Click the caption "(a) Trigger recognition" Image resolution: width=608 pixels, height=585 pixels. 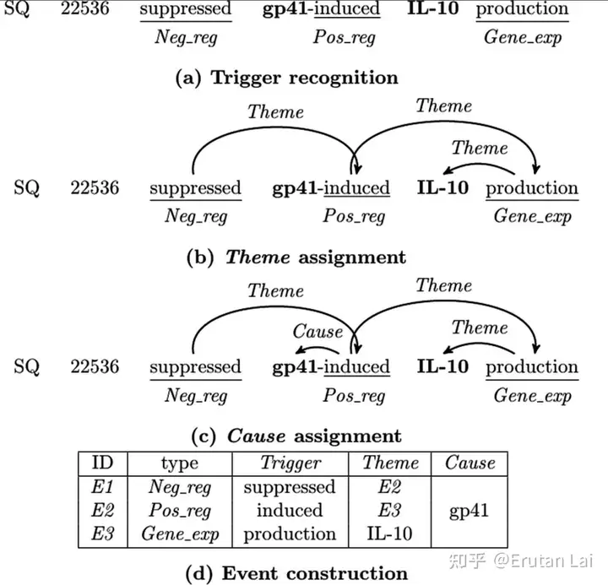point(285,78)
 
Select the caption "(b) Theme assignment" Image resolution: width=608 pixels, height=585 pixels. point(296,257)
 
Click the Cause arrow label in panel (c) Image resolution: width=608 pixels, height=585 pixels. point(318,331)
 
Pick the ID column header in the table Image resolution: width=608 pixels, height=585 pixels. point(102,463)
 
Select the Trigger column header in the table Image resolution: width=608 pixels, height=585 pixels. point(290,463)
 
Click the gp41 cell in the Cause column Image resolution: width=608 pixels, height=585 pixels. point(469,511)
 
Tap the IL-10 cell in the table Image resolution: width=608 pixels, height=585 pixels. point(390,534)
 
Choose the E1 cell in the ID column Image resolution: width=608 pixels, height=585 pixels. point(101,487)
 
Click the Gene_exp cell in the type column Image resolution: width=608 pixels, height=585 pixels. point(179,534)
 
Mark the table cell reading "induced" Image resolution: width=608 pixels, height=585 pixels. point(290,511)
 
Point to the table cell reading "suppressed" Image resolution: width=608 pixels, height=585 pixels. point(290,487)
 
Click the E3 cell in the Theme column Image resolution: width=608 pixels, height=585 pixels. point(390,511)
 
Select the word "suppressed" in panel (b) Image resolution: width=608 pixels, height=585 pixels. point(195,188)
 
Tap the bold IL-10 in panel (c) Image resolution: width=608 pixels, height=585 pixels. point(442,366)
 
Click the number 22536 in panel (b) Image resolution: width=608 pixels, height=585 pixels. point(94,188)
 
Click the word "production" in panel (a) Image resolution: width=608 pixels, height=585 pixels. point(522,10)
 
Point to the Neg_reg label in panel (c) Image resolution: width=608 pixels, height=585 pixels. point(196,395)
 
